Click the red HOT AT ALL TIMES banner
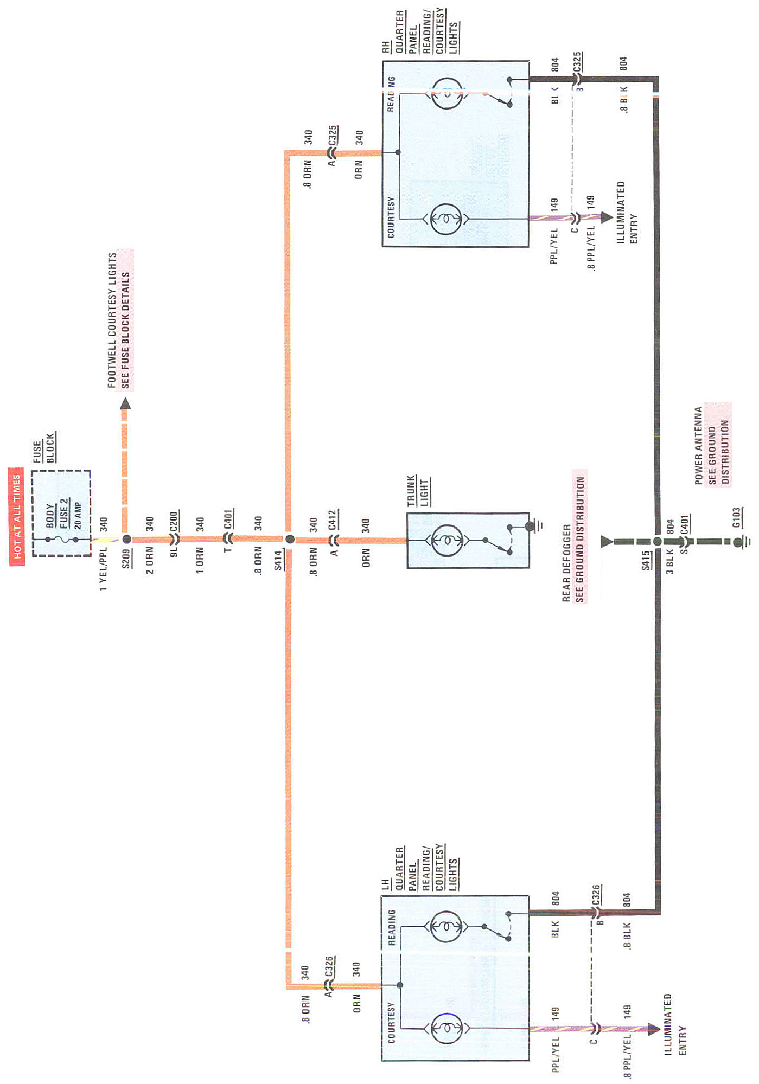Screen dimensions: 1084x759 click(x=17, y=516)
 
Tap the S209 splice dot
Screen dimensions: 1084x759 click(x=126, y=539)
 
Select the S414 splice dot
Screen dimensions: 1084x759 click(x=290, y=539)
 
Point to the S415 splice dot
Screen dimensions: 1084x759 click(x=657, y=541)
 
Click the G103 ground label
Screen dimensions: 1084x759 click(x=736, y=517)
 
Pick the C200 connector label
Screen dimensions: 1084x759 click(x=174, y=521)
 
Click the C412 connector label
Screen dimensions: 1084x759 click(x=333, y=519)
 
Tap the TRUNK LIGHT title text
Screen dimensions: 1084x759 click(x=418, y=491)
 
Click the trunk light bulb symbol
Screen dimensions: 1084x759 click(x=447, y=541)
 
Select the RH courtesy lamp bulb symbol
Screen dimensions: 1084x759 click(x=446, y=219)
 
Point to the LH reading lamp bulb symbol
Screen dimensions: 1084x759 click(x=446, y=927)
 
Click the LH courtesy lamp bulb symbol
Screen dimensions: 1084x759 click(x=446, y=1028)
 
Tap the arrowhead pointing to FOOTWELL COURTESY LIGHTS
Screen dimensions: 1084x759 click(x=125, y=404)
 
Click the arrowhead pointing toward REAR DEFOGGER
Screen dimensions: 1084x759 click(x=607, y=541)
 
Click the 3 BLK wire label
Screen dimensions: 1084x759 click(x=670, y=562)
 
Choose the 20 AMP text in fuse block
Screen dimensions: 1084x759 click(x=78, y=516)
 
